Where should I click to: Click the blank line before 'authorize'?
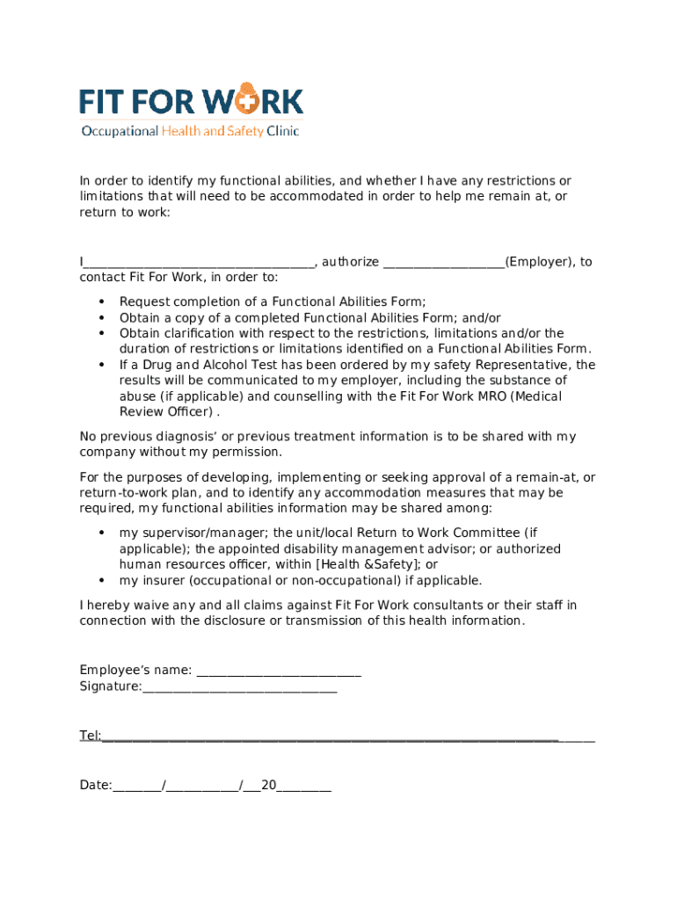(x=200, y=263)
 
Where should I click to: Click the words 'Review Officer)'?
(x=167, y=412)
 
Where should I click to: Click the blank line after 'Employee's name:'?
(x=279, y=671)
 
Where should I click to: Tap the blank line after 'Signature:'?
(x=239, y=687)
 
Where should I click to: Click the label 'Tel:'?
(x=90, y=736)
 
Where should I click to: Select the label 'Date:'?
(x=95, y=785)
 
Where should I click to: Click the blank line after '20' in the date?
(x=304, y=787)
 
